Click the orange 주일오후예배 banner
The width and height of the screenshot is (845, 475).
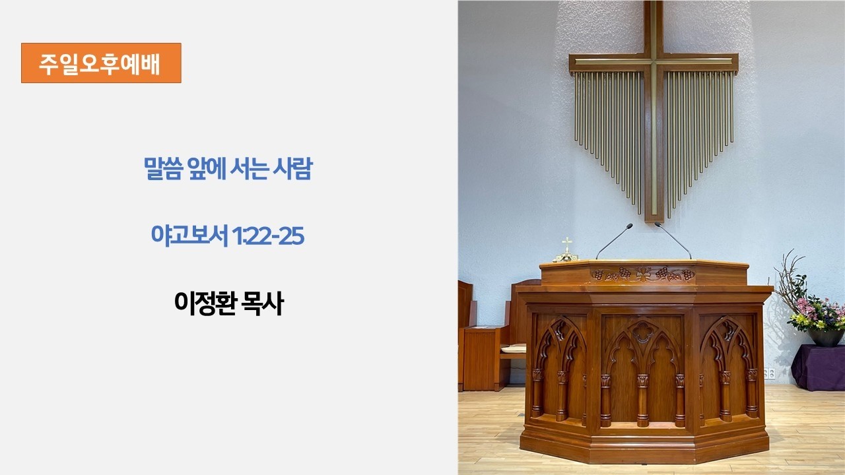point(101,63)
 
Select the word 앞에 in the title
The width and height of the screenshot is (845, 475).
point(207,168)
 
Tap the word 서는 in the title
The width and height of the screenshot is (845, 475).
point(249,168)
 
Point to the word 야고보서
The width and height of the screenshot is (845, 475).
point(189,236)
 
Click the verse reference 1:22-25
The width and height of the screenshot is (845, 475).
point(268,236)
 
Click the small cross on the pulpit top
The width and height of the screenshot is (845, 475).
point(566,245)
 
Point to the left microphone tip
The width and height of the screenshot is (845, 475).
point(630,226)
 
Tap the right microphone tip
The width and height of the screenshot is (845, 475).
point(658,225)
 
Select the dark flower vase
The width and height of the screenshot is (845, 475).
point(825,337)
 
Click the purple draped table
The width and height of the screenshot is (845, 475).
point(819,367)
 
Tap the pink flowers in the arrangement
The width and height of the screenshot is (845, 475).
point(807,307)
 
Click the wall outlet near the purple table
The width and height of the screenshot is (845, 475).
point(770,373)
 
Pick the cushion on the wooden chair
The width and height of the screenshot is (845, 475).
point(514,348)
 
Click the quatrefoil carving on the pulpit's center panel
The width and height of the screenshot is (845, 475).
point(642,332)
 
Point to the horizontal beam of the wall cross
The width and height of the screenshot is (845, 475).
point(654,62)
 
